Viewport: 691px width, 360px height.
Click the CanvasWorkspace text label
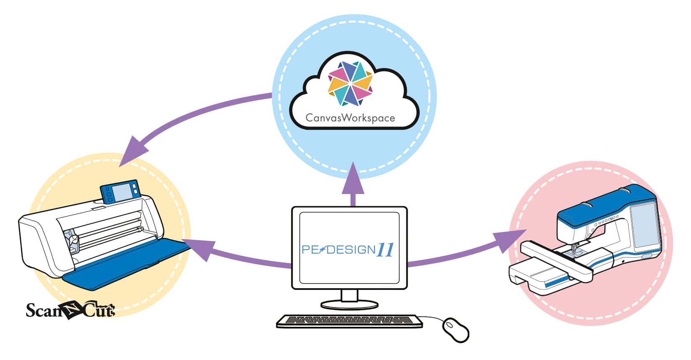tap(350, 118)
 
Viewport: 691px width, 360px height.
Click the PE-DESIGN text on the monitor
tap(338, 250)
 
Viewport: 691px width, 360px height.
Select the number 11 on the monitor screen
tap(385, 250)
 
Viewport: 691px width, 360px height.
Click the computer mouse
tap(456, 329)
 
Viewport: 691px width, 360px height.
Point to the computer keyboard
tap(349, 321)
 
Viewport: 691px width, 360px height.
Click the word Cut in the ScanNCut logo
tap(99, 311)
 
